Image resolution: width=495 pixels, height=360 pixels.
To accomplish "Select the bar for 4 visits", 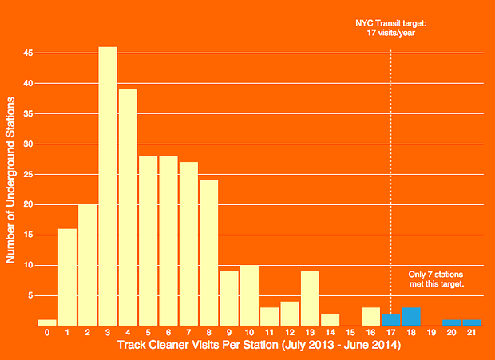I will pyautogui.click(x=128, y=208).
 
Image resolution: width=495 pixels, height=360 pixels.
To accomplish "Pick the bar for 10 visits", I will pyautogui.click(x=249, y=295).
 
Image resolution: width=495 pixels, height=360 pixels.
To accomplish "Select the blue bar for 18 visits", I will pyautogui.click(x=411, y=317).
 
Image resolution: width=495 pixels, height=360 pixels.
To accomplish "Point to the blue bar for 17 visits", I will pyautogui.click(x=390, y=320).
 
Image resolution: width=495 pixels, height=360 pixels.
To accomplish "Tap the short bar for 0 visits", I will pyautogui.click(x=47, y=322).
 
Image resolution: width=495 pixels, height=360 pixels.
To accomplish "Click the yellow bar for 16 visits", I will pyautogui.click(x=370, y=317).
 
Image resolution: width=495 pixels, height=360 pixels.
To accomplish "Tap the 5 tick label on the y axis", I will pyautogui.click(x=30, y=296).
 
